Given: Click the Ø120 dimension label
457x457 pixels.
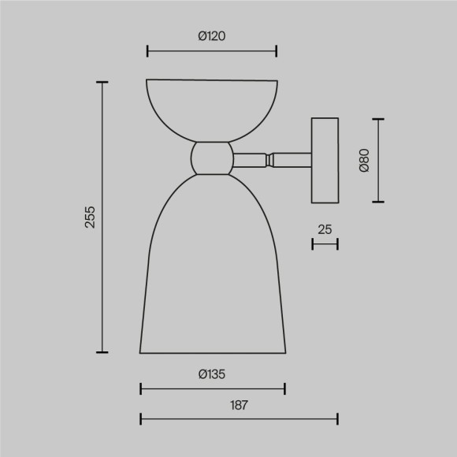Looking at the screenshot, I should click(x=212, y=35).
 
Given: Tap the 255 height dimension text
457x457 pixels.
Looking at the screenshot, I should click(x=90, y=217).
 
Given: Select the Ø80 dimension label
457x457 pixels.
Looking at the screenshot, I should click(x=363, y=160).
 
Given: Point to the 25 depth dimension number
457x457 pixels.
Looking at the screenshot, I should click(x=325, y=229).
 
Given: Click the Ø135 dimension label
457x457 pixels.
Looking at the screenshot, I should click(x=212, y=374).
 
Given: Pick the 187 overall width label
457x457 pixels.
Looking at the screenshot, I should click(x=240, y=406).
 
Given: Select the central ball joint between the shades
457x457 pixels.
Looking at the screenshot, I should click(x=212, y=158).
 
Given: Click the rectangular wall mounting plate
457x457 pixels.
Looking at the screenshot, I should click(x=325, y=160).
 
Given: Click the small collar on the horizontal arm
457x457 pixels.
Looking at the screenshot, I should click(x=270, y=159).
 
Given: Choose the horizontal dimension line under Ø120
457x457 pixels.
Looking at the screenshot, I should click(x=212, y=52).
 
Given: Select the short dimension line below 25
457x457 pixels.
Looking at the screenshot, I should click(x=325, y=244).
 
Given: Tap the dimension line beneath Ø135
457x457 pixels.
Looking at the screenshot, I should click(x=212, y=388).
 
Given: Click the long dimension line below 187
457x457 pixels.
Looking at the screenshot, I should click(x=240, y=419).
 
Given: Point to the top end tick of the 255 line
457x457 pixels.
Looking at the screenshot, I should click(x=102, y=81).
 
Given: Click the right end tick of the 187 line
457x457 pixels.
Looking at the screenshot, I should click(x=337, y=419).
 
